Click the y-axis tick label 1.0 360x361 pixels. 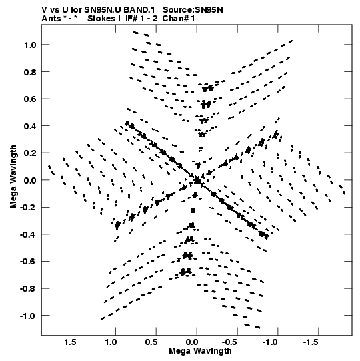(x=30, y=45)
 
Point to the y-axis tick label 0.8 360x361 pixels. (x=30, y=72)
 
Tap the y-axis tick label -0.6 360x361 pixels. (x=28, y=262)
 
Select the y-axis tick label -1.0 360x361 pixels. (x=28, y=316)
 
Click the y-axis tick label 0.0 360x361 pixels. (x=30, y=180)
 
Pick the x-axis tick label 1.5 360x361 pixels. (x=70, y=342)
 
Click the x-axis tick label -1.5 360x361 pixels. (x=311, y=342)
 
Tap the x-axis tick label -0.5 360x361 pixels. (x=230, y=342)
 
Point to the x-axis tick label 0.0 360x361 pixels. (x=191, y=342)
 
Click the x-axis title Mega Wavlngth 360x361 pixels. (x=200, y=351)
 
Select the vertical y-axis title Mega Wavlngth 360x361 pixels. (x=13, y=177)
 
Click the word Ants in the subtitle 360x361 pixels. (x=51, y=19)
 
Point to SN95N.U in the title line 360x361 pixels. (x=103, y=10)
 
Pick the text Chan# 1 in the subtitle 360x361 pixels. (x=179, y=19)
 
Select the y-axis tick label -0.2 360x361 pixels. (x=28, y=208)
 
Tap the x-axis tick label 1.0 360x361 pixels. (x=111, y=342)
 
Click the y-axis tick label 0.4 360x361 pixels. (x=30, y=126)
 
